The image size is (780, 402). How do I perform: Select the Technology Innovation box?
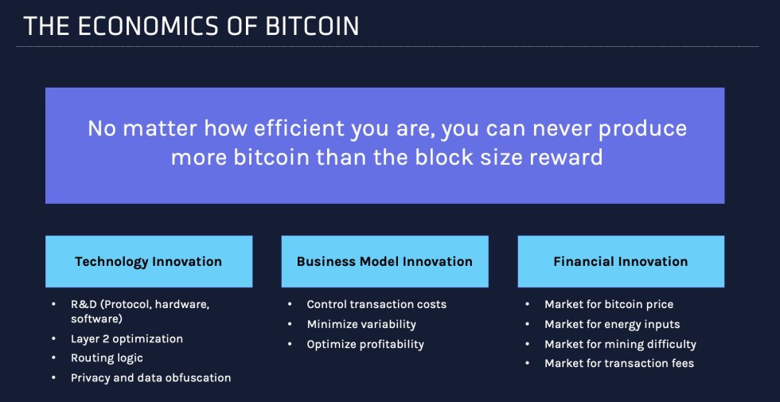pyautogui.click(x=149, y=261)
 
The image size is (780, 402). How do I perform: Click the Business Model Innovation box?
pyautogui.click(x=384, y=261)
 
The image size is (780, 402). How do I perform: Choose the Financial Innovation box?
pyautogui.click(x=621, y=261)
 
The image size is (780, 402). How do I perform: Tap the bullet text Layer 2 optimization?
pyautogui.click(x=127, y=339)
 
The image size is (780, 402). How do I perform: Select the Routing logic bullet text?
pyautogui.click(x=107, y=358)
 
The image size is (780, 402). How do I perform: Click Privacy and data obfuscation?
pyautogui.click(x=150, y=378)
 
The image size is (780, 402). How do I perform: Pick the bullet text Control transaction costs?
pyautogui.click(x=376, y=305)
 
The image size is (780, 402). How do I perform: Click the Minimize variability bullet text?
pyautogui.click(x=361, y=325)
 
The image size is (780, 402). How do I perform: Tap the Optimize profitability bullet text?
pyautogui.click(x=365, y=345)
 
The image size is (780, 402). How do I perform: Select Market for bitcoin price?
pyautogui.click(x=609, y=305)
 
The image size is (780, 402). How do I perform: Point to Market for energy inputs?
pyautogui.click(x=612, y=325)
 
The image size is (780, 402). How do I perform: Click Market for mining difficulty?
pyautogui.click(x=620, y=345)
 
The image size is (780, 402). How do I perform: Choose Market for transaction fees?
pyautogui.click(x=619, y=364)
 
